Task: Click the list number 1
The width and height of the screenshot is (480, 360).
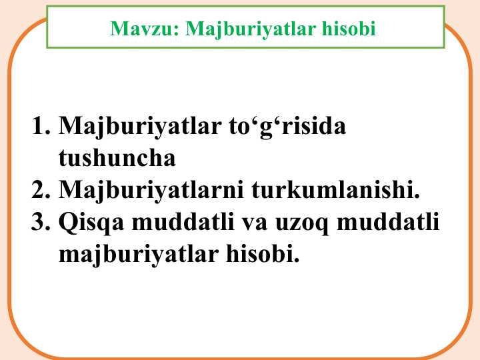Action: (41, 125)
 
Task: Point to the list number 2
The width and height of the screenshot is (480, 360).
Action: (41, 189)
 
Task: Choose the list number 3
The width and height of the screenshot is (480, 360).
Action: (41, 221)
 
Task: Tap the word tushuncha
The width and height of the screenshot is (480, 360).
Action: (117, 157)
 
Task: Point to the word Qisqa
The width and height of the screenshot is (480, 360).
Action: (91, 223)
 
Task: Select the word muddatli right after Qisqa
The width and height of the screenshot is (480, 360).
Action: (183, 221)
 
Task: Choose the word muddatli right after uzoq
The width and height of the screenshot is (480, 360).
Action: (388, 221)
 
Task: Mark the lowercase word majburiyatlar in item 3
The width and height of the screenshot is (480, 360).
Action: (139, 255)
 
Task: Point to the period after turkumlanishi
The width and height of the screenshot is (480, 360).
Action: (417, 196)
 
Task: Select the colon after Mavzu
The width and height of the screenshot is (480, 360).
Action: (176, 31)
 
